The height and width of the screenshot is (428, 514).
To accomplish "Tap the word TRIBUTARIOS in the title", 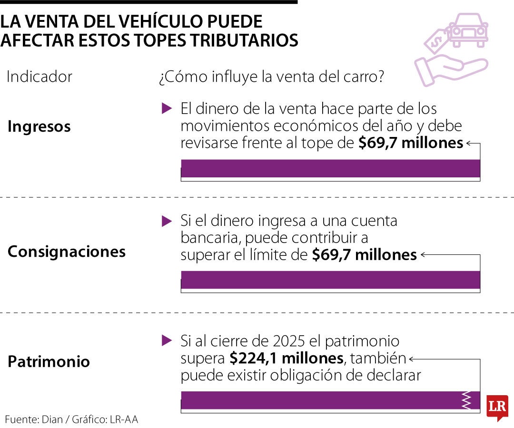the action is (244, 40).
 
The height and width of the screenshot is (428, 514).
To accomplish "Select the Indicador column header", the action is (40, 77).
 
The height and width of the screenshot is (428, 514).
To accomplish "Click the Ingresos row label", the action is (39, 126).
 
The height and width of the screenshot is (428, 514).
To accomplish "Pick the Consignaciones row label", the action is (67, 252).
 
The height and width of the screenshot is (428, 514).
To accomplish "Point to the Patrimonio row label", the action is (49, 361).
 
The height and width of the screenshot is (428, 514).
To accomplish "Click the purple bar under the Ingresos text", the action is (330, 168).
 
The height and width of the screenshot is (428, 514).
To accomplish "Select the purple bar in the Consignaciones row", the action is (330, 280).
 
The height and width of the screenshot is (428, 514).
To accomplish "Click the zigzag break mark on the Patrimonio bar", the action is (466, 400).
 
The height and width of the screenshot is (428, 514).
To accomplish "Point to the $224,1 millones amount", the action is (286, 358).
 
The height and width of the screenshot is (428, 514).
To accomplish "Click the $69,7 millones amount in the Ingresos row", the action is (411, 143).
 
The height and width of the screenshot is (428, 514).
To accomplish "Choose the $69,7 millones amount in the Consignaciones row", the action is (364, 255).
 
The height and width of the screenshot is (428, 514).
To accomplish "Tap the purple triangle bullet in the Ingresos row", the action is (167, 108).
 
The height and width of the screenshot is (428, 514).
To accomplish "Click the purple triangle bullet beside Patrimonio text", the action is (167, 340).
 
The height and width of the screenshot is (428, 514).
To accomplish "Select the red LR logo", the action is (497, 408).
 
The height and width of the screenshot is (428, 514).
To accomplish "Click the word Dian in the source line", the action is (52, 419).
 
